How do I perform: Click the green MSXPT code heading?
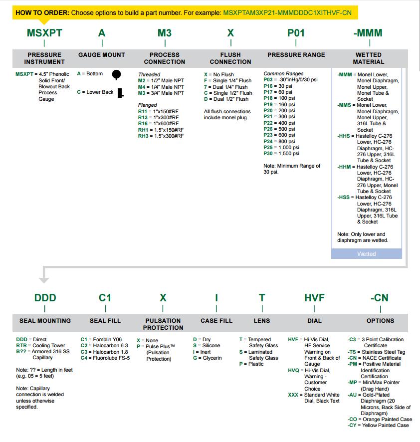click(44, 33)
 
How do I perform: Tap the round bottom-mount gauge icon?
click(116, 75)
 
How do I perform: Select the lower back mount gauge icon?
click(120, 92)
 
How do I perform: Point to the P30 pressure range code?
click(268, 154)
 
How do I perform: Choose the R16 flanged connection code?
click(143, 123)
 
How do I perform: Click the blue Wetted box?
click(366, 254)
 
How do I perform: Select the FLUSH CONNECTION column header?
click(230, 58)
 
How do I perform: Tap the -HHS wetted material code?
click(344, 136)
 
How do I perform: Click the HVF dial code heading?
click(314, 298)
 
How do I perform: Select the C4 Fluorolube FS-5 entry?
click(105, 358)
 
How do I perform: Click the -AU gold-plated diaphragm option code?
click(352, 395)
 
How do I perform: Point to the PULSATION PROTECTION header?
click(163, 324)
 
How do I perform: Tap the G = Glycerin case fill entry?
click(207, 358)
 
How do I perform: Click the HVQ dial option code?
click(293, 370)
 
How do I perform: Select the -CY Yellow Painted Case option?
click(380, 425)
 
